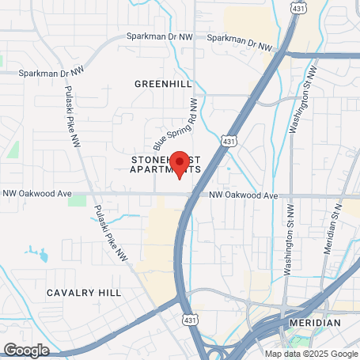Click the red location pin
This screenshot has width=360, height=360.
pos(180,163)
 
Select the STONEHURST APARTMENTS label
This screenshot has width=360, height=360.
pos(165,165)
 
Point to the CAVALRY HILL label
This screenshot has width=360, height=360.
pos(84,292)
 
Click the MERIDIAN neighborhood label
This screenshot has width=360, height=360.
pos(314,323)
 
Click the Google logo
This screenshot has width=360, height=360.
pos(26,349)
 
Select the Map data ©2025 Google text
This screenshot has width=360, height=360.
pos(311,354)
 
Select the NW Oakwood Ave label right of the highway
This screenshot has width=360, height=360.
pos(244,195)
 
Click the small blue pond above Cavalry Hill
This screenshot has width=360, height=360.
pos(36,255)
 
